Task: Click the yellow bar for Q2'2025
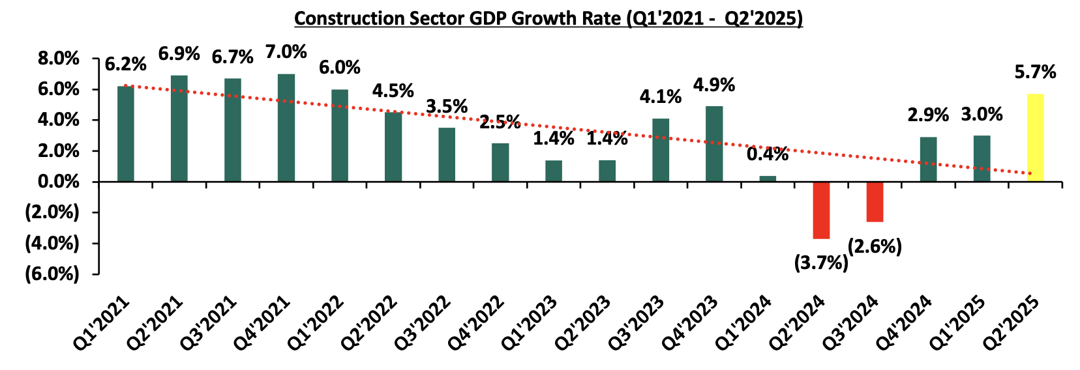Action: [1035, 137]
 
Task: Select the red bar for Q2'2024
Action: [821, 210]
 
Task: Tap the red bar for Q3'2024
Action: [875, 201]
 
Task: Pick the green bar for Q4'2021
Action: [286, 128]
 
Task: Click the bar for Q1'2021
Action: [126, 134]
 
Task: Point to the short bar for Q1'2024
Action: [768, 178]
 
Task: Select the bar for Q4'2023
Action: [714, 143]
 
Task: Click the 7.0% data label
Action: [286, 51]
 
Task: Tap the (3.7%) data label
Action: [820, 263]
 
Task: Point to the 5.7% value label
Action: [1034, 72]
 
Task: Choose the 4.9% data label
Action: [713, 85]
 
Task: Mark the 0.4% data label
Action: [767, 154]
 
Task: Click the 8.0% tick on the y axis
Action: [59, 59]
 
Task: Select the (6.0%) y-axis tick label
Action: [52, 274]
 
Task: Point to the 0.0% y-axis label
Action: [59, 182]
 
